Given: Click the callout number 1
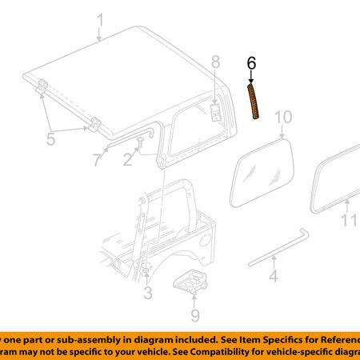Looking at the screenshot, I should (99, 20).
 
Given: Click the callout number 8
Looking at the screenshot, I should (214, 62).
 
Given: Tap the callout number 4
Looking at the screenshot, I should (273, 277).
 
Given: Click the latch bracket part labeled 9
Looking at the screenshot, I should (192, 281).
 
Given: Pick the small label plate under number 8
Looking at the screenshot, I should (216, 110).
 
